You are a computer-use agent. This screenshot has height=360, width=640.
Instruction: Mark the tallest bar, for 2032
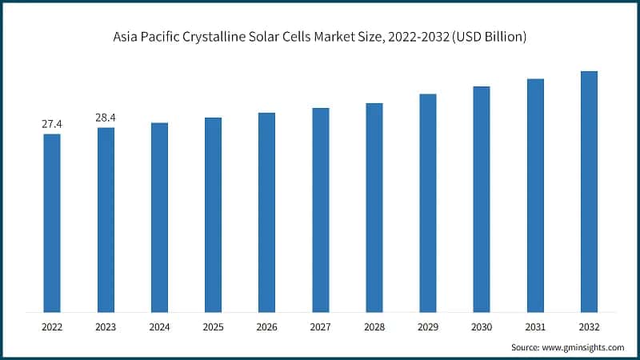click(x=589, y=191)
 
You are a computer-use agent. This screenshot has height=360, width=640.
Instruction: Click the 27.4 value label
click(x=52, y=125)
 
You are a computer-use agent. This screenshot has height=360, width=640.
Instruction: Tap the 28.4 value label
click(x=106, y=118)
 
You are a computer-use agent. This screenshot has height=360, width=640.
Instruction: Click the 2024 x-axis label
click(x=159, y=327)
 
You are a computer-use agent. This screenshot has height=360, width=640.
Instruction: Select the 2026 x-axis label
click(x=266, y=327)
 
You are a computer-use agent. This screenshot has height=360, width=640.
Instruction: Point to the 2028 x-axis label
click(x=374, y=327)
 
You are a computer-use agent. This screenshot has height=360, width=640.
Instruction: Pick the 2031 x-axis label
click(x=535, y=327)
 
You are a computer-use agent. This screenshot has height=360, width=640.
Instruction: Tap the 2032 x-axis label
click(x=589, y=327)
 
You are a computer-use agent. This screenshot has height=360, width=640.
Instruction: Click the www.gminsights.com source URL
click(x=585, y=348)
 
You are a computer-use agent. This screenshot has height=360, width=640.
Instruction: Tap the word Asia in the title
click(x=127, y=38)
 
